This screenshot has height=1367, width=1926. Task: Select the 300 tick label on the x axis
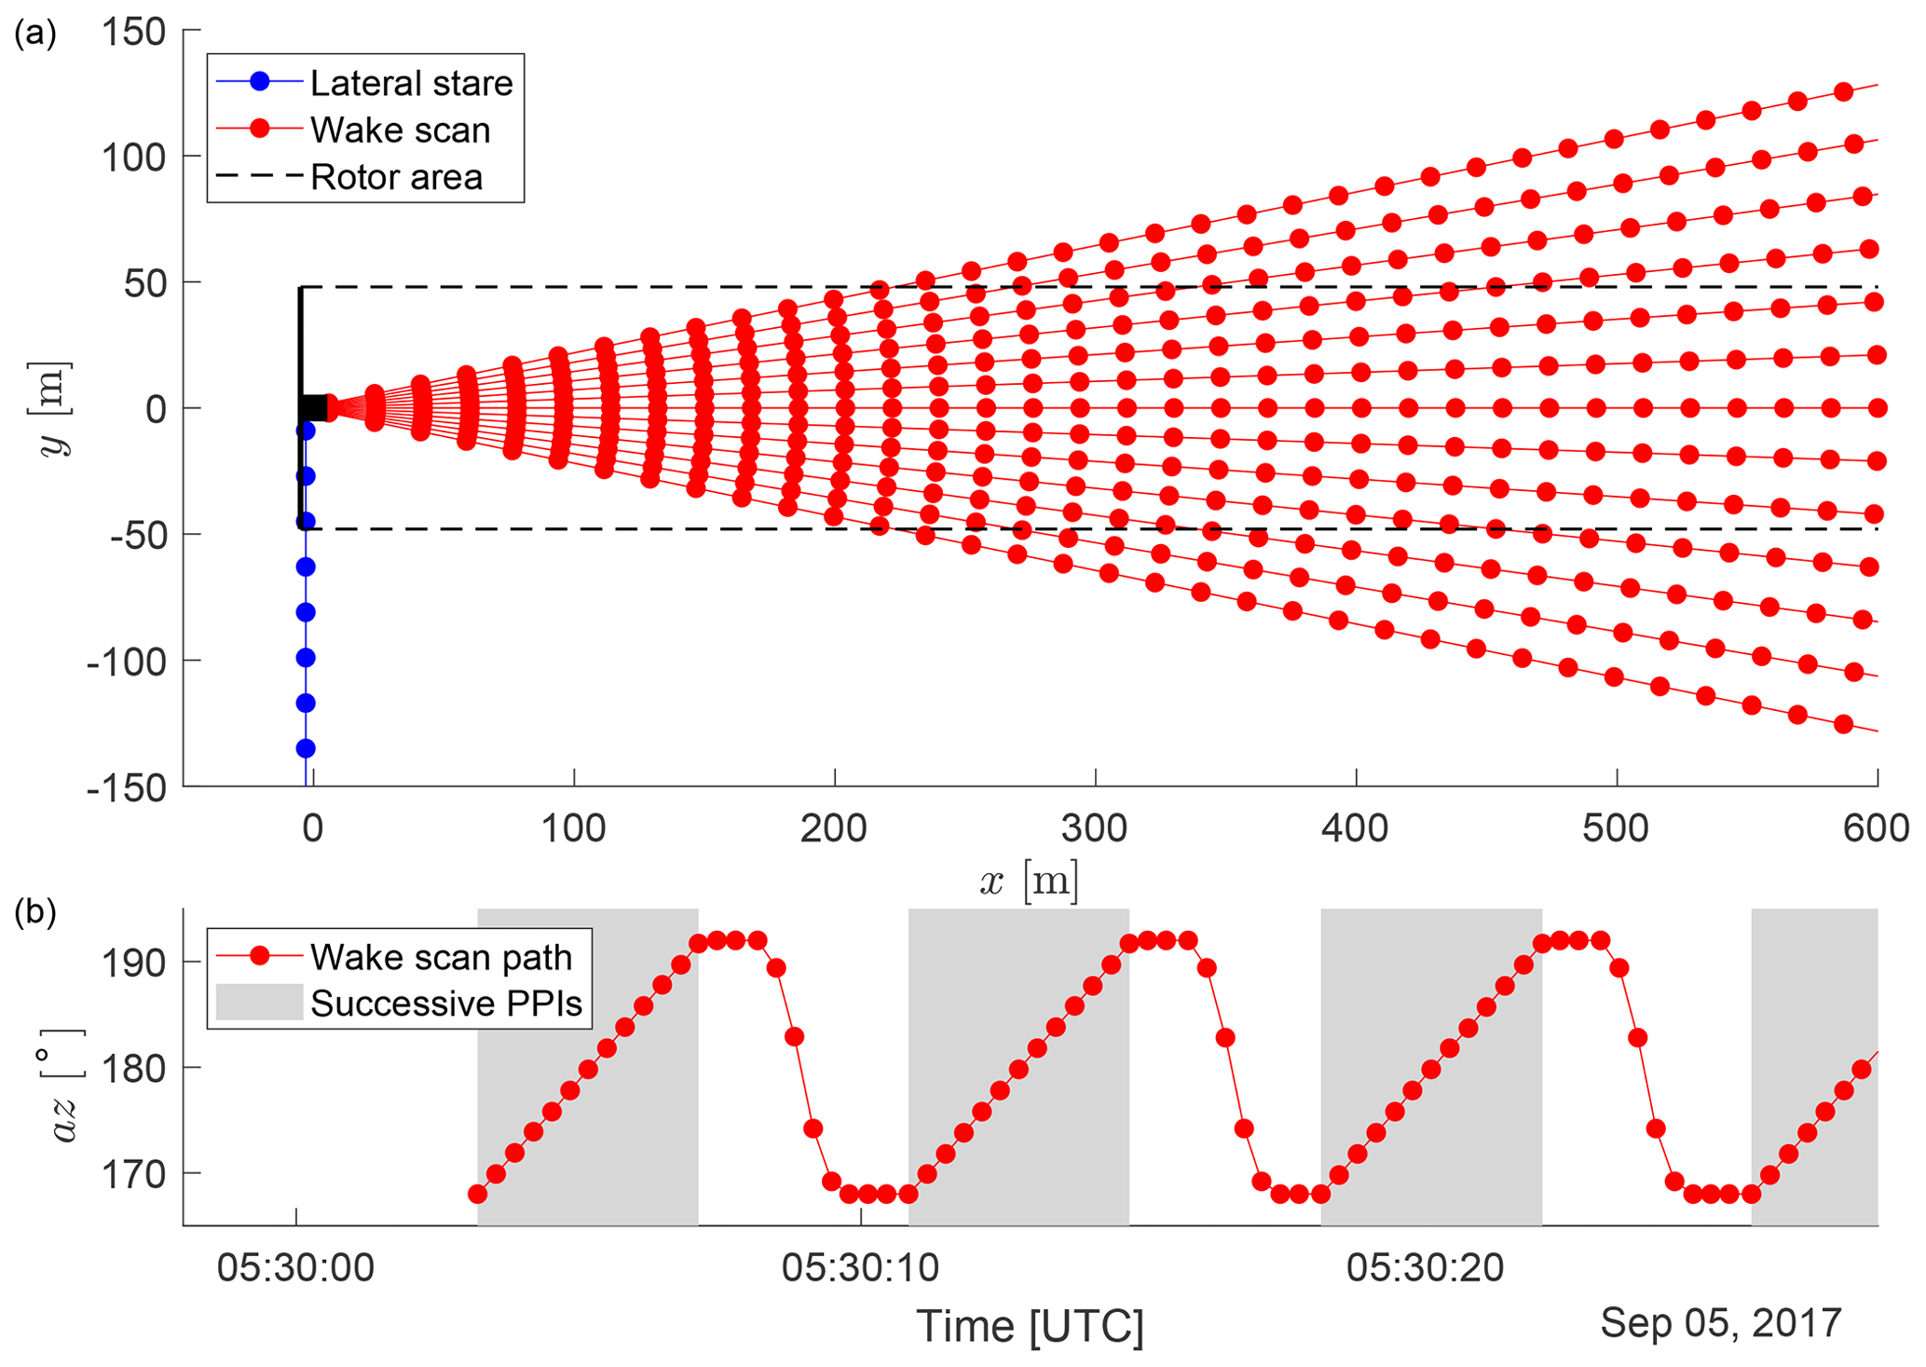(x=1095, y=827)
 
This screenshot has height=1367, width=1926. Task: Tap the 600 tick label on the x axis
(x=1876, y=827)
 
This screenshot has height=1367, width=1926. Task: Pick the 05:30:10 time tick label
(x=860, y=1268)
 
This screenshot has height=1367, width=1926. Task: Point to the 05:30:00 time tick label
(x=295, y=1268)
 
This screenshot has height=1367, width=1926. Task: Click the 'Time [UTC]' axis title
(x=1030, y=1326)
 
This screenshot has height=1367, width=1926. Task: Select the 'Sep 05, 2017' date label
(x=1720, y=1322)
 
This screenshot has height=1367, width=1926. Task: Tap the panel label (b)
(x=35, y=913)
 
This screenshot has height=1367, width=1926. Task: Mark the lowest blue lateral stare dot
(x=306, y=748)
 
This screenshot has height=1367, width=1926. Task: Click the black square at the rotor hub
(x=313, y=407)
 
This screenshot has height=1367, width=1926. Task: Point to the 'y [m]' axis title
(x=56, y=408)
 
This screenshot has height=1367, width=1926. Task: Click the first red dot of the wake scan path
(x=477, y=1194)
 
